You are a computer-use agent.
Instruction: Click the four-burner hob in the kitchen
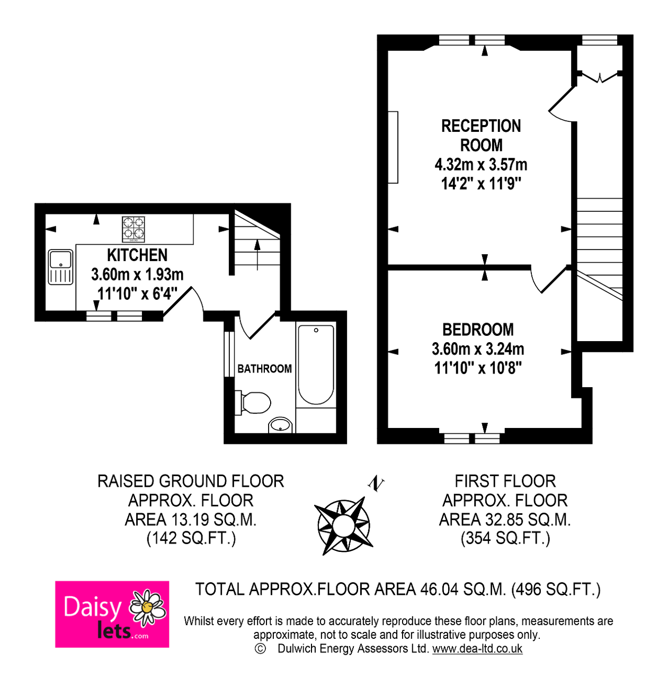tap(133, 229)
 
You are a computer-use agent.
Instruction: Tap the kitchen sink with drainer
tap(60, 267)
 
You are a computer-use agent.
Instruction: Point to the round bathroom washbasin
tap(281, 425)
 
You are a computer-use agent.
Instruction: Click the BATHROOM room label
tap(265, 369)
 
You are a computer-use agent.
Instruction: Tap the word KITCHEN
tap(137, 255)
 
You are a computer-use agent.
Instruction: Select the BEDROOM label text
tap(478, 329)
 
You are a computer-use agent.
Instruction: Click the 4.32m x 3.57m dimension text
tap(481, 164)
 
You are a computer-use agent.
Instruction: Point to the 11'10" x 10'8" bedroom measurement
tap(478, 368)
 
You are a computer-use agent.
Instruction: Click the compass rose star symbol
tap(344, 526)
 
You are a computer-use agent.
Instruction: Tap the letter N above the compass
tap(376, 484)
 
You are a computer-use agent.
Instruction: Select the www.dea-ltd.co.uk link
tap(477, 649)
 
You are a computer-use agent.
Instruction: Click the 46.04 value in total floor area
tap(439, 590)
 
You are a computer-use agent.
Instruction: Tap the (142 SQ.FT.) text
tap(191, 538)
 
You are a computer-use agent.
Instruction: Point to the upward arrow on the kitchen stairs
tap(257, 255)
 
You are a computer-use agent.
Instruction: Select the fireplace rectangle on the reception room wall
tap(393, 147)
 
